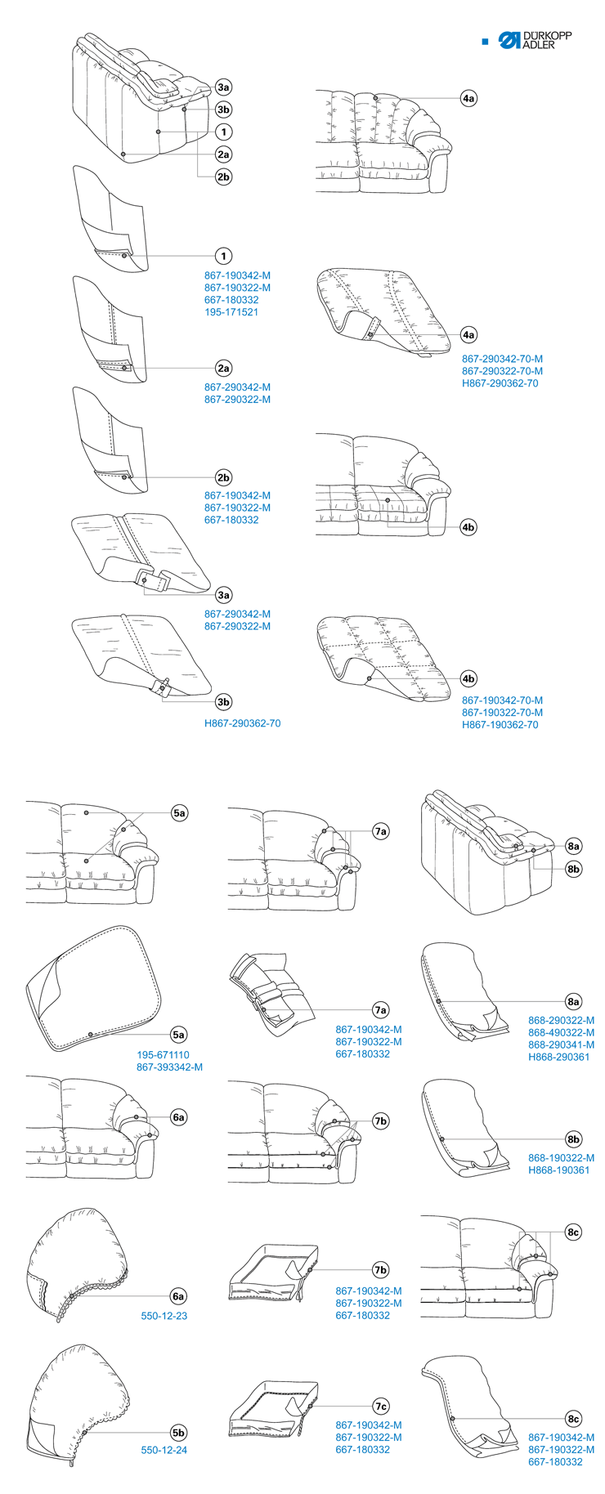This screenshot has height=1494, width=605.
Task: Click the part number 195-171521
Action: point(231,312)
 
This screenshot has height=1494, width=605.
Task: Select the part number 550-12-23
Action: point(164,1316)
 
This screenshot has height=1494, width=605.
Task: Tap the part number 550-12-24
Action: point(164,1450)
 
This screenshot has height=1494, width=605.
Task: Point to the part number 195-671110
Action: point(163,1055)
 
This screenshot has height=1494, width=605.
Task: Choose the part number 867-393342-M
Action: point(169,1067)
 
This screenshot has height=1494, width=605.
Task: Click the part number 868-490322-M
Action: point(561,1032)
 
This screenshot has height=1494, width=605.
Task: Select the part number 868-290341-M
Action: point(561,1044)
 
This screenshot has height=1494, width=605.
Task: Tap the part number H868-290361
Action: point(558,1057)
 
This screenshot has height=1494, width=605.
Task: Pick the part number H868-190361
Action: point(558,1170)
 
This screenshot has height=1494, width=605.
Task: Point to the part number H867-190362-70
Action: point(500,725)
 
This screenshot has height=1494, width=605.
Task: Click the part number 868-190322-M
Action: point(561,1158)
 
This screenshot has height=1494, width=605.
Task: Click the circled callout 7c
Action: point(381,1407)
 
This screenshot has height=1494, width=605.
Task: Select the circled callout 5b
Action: point(179,1433)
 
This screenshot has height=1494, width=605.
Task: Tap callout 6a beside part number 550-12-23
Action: point(179,1296)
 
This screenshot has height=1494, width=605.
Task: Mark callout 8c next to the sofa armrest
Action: point(573,1232)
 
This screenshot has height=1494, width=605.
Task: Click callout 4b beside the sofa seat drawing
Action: point(468,527)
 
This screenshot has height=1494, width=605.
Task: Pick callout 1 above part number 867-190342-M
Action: point(223,256)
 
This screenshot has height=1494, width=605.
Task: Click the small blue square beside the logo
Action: point(485,41)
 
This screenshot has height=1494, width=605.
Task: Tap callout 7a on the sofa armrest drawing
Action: point(380,832)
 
